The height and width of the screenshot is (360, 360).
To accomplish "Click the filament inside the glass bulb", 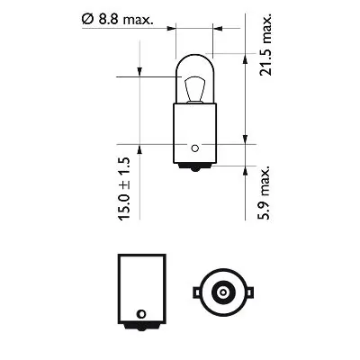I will point(193,90).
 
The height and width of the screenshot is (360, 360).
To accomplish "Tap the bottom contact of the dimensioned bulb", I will point(193,168).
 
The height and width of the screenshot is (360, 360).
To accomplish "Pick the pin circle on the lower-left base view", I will point(139,313).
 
